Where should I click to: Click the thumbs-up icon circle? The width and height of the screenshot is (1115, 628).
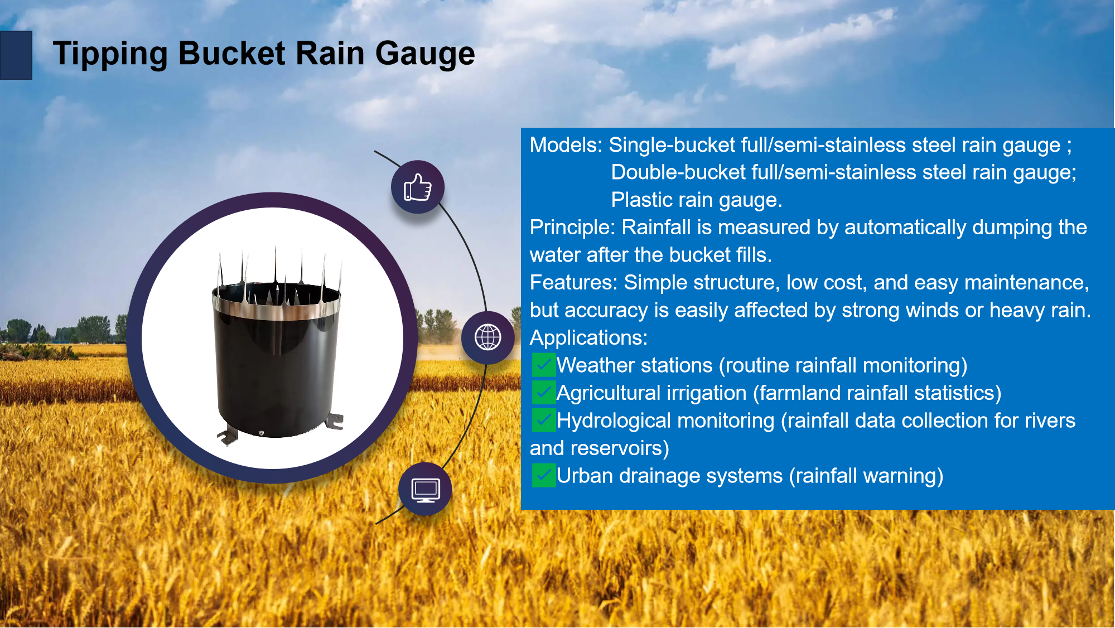pyautogui.click(x=418, y=187)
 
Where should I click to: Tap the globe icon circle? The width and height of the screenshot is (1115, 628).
pyautogui.click(x=488, y=337)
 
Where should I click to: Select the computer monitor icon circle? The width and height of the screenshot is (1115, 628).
pyautogui.click(x=426, y=489)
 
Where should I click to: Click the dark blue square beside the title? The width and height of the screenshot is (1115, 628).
pyautogui.click(x=16, y=55)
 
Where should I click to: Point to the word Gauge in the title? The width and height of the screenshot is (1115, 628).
pyautogui.click(x=425, y=55)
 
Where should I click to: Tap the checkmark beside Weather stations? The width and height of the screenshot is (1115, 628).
pyautogui.click(x=544, y=365)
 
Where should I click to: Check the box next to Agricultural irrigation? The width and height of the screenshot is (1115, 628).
pyautogui.click(x=544, y=393)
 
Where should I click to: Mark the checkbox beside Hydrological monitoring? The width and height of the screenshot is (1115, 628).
pyautogui.click(x=544, y=421)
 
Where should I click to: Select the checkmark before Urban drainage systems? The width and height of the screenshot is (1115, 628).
pyautogui.click(x=544, y=476)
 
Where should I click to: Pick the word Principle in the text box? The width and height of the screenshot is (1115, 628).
pyautogui.click(x=572, y=228)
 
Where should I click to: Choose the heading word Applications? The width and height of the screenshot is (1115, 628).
pyautogui.click(x=588, y=338)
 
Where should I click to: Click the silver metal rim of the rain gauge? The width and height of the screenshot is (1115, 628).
pyautogui.click(x=276, y=308)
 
